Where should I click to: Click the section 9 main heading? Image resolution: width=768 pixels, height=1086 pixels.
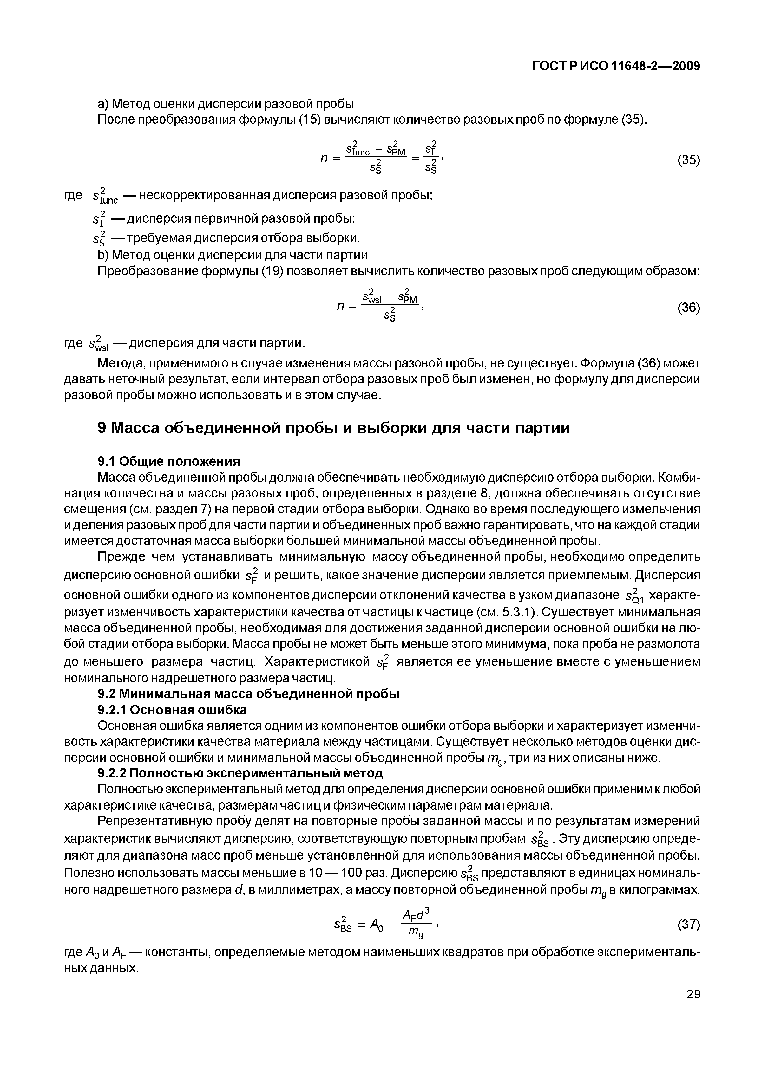point(334,428)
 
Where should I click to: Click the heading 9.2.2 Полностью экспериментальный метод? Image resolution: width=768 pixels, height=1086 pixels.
point(240,773)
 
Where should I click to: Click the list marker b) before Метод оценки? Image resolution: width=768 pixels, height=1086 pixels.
point(103,255)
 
